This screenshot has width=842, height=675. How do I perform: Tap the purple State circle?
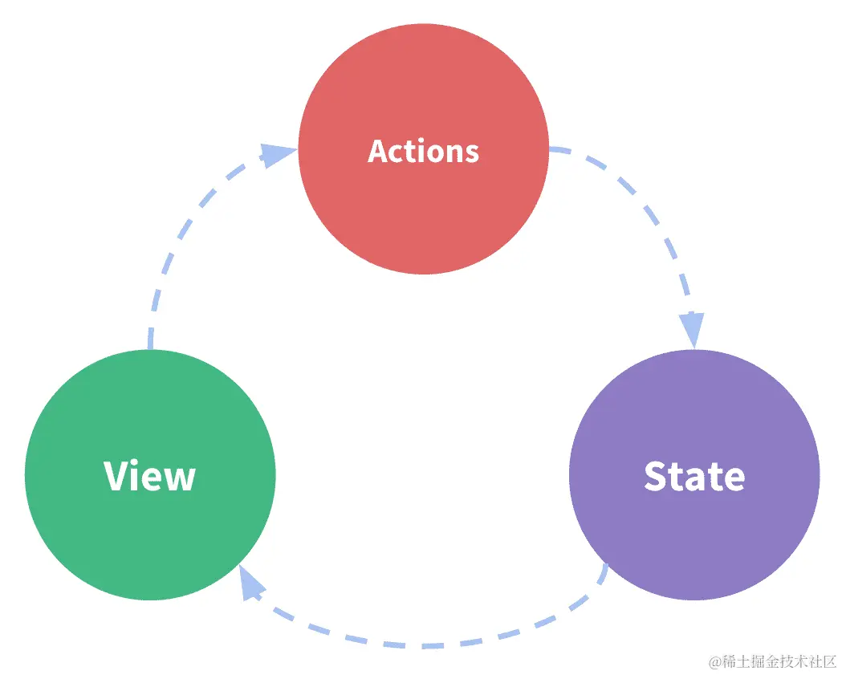click(x=694, y=530)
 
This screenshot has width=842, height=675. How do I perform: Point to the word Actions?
click(x=423, y=151)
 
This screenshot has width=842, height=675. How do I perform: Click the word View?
click(x=150, y=476)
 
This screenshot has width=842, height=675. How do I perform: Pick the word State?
click(x=694, y=476)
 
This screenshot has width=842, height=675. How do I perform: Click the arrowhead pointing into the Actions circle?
click(x=277, y=154)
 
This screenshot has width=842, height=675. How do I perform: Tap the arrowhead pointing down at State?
click(x=692, y=329)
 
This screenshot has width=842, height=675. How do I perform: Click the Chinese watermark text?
click(x=779, y=661)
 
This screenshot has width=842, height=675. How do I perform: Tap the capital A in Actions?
click(x=379, y=151)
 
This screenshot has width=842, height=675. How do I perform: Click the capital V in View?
click(x=116, y=476)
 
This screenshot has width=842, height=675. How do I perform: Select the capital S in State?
click(x=657, y=476)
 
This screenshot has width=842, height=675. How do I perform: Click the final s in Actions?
click(x=472, y=152)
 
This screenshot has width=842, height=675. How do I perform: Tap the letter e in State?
click(x=734, y=478)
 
